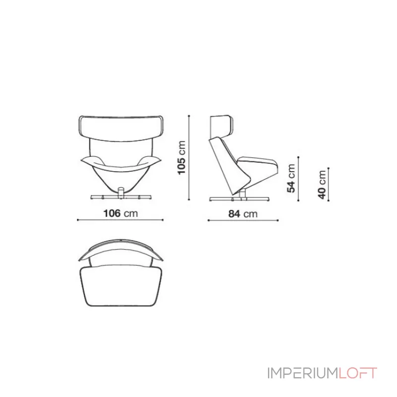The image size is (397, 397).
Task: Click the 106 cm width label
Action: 121,213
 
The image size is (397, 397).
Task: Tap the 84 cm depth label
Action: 243,214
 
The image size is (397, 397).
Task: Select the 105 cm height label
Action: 182,157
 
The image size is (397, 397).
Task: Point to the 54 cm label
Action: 291,178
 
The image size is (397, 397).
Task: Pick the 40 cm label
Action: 322,185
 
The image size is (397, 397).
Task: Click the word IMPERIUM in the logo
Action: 302,373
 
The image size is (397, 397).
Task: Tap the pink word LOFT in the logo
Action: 358,373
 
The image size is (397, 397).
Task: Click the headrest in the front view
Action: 121,129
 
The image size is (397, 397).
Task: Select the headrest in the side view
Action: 221,127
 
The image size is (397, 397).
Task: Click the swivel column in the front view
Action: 121,193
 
